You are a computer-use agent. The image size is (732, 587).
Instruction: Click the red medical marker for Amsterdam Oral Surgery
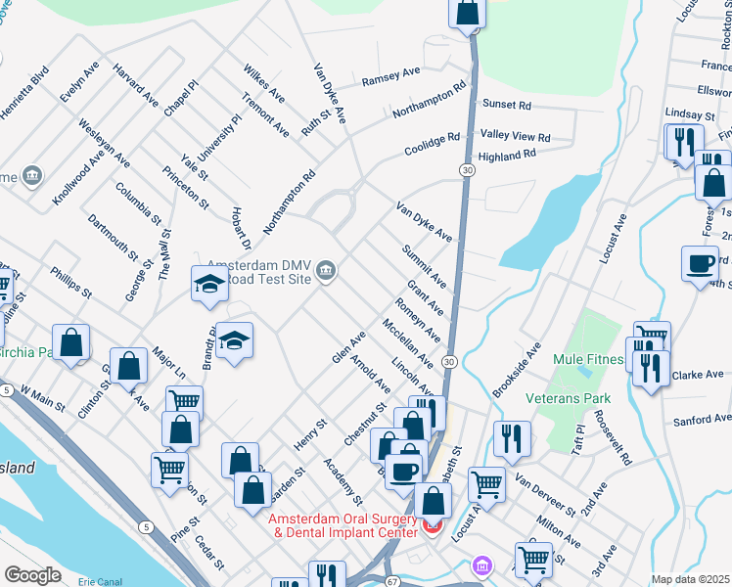(x=432, y=527)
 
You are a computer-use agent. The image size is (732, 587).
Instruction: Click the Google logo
(x=32, y=575)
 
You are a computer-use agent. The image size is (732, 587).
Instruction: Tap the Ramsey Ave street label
(x=390, y=76)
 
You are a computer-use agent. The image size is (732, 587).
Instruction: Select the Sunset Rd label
(x=506, y=105)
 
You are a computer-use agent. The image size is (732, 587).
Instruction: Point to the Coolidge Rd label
(x=432, y=145)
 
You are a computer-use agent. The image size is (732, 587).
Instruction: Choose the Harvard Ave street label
(x=135, y=85)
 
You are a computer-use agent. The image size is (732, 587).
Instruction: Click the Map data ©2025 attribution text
(x=690, y=579)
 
